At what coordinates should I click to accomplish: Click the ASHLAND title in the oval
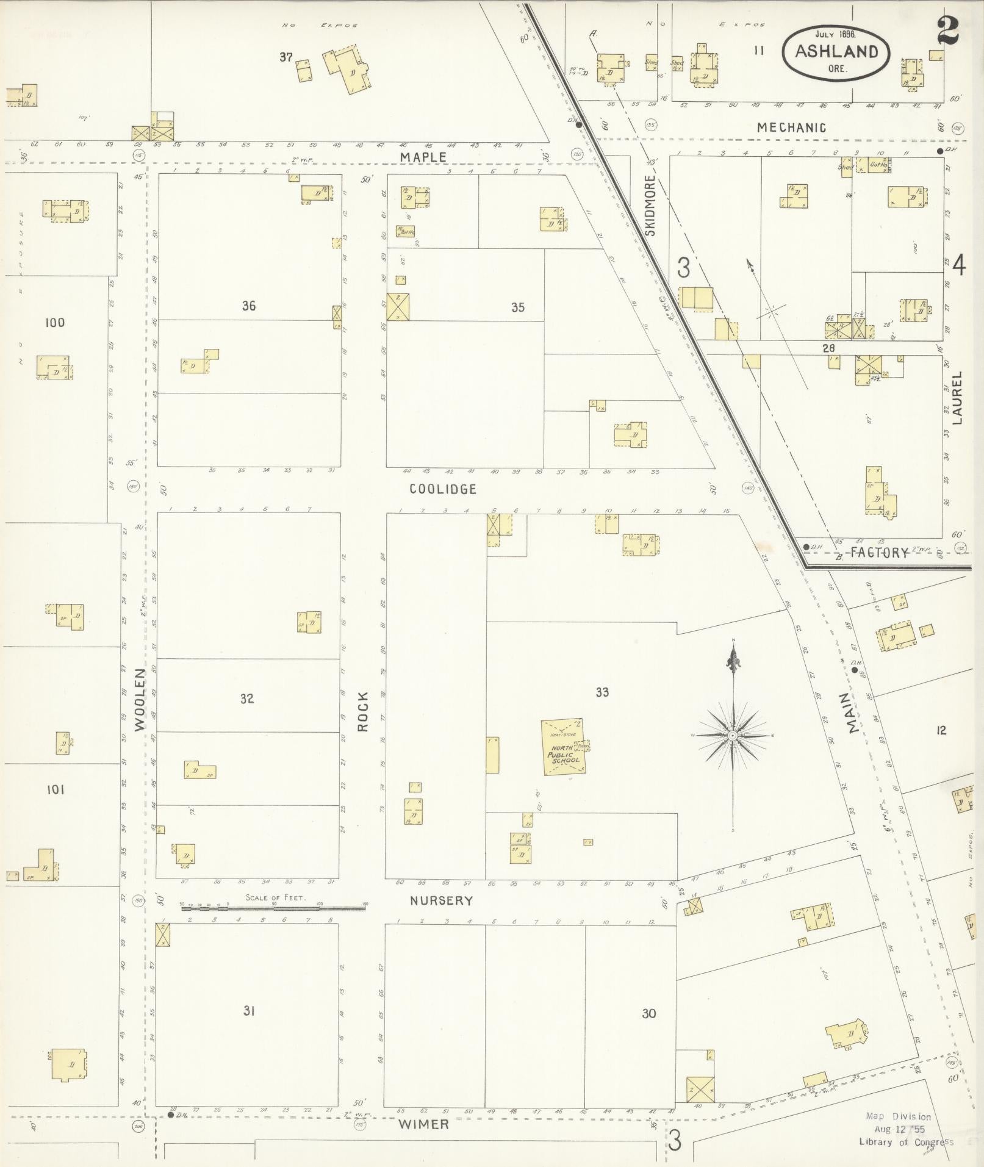[x=836, y=51]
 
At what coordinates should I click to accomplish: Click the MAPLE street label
[x=423, y=157]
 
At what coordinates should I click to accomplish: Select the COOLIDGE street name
[x=442, y=489]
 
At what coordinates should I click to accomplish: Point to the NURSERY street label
[x=441, y=900]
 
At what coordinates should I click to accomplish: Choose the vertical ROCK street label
[x=363, y=711]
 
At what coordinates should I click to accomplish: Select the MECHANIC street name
[x=791, y=127]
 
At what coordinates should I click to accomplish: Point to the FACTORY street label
[x=879, y=553]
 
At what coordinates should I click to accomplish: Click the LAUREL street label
[x=957, y=398]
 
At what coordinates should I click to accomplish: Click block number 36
[x=248, y=306]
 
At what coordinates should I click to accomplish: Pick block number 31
[x=248, y=1011]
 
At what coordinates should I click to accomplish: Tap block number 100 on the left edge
[x=55, y=323]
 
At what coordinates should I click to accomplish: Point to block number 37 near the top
[x=286, y=57]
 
